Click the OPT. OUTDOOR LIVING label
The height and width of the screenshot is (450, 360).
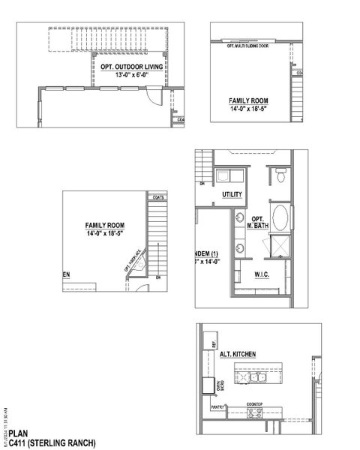click(132, 67)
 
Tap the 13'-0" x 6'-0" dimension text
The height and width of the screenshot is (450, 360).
click(132, 75)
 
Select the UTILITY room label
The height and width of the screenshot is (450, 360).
click(232, 193)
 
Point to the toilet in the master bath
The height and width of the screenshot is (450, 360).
click(280, 175)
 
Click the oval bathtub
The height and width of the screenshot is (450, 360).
click(280, 220)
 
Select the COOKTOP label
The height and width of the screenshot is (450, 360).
click(255, 403)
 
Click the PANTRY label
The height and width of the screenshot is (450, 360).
click(218, 408)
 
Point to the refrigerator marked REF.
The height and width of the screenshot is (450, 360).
click(213, 346)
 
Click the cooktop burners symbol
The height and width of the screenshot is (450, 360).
click(254, 411)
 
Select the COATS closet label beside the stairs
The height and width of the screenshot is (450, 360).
click(157, 198)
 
